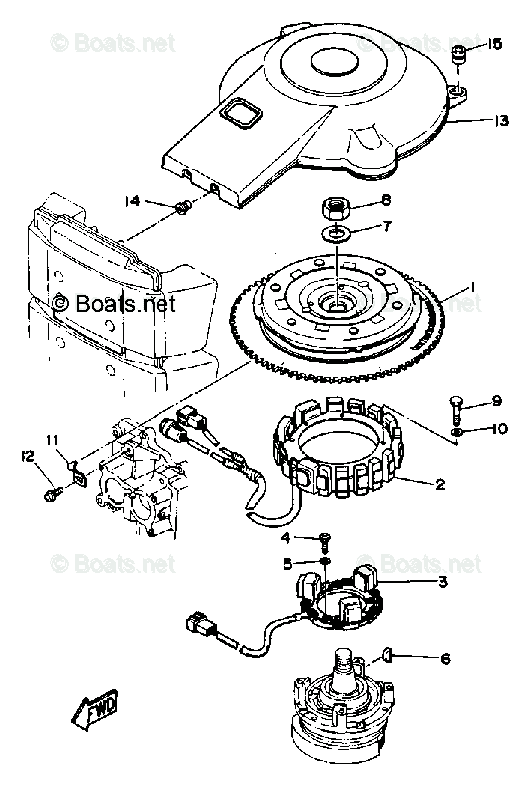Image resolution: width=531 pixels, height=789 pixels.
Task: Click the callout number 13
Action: point(502,121)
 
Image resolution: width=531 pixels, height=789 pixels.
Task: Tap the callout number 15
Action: point(495,44)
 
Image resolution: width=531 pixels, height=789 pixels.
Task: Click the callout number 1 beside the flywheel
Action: point(473,288)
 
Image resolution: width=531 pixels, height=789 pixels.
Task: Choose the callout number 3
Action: point(442,581)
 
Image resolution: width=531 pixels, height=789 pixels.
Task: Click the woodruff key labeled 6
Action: point(386,653)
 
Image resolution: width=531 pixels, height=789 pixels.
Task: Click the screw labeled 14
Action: point(181,207)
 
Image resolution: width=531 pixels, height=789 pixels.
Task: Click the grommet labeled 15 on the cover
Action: point(459,56)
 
